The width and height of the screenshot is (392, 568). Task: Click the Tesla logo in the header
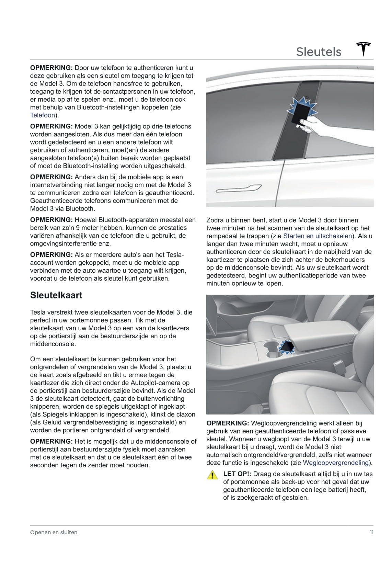[x=364, y=49]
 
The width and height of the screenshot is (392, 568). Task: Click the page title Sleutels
[x=319, y=52]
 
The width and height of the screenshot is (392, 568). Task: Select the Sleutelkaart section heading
[x=56, y=295]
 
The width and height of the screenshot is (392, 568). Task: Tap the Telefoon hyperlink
[x=43, y=115]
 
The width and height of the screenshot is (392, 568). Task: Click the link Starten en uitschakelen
[x=318, y=236]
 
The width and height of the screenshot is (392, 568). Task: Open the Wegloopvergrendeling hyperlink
[x=336, y=463]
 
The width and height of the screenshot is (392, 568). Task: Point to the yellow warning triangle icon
[x=213, y=475]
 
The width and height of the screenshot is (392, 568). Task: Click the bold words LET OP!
[x=237, y=474]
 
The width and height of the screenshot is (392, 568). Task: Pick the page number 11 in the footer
[x=371, y=532]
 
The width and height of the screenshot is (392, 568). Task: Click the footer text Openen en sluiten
[x=54, y=532]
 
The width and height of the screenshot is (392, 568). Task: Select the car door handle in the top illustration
[x=238, y=189]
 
